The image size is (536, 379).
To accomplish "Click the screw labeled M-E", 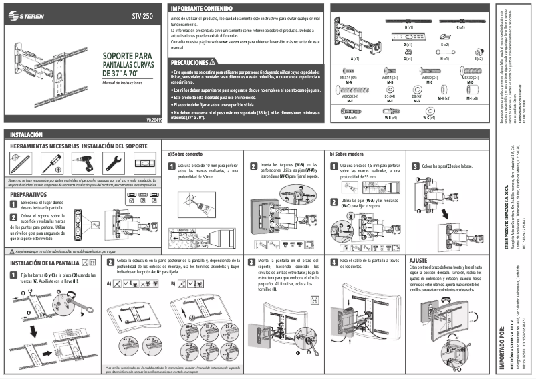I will (348, 88).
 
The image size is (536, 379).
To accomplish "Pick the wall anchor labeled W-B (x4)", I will (388, 110).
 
